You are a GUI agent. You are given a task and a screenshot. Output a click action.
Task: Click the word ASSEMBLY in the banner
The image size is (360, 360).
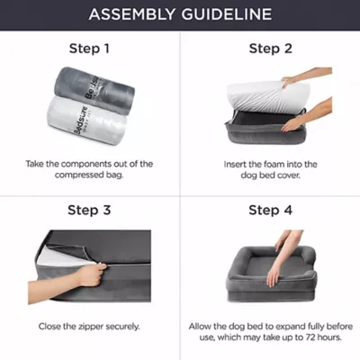pyautogui.click(x=131, y=14)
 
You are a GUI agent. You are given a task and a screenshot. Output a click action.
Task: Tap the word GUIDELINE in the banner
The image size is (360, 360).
pyautogui.click(x=227, y=14)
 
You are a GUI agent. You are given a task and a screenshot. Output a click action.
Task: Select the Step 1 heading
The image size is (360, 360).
pyautogui.click(x=89, y=49)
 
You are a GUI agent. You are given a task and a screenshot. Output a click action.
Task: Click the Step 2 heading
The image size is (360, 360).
pyautogui.click(x=271, y=49)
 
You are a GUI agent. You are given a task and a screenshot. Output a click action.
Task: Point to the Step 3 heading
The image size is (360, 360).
pyautogui.click(x=89, y=210)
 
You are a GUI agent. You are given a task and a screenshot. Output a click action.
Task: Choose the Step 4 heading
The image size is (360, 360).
pyautogui.click(x=271, y=210)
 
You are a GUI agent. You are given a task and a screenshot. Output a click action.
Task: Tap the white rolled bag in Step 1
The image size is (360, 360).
pyautogui.click(x=87, y=121)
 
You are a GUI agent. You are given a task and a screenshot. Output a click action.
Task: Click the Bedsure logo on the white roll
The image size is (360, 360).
pyautogui.click(x=81, y=121)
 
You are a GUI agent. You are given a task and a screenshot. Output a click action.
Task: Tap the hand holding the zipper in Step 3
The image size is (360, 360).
pyautogui.click(x=93, y=274)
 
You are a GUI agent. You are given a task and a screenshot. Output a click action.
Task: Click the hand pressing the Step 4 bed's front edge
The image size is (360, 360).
pyautogui.click(x=273, y=275)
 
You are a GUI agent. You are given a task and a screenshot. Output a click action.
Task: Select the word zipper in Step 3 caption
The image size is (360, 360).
pyautogui.click(x=87, y=327)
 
